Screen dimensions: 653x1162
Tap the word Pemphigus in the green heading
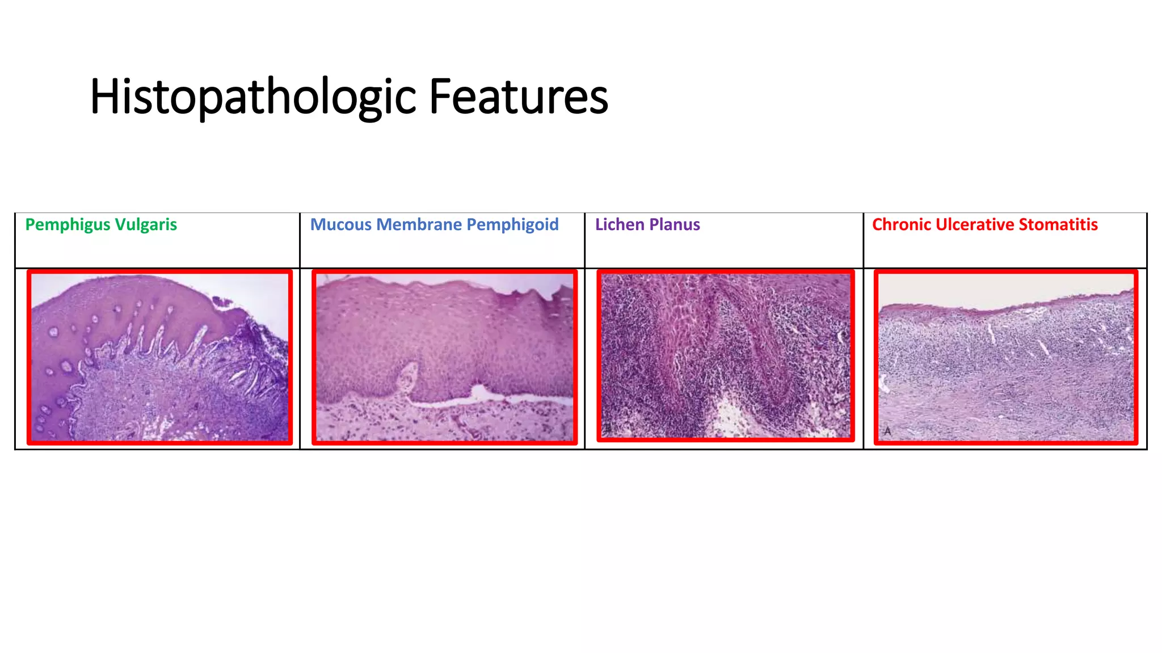(x=68, y=225)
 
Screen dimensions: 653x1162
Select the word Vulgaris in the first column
(x=146, y=225)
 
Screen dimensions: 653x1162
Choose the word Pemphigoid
(x=512, y=225)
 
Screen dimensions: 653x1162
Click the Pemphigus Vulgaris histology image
(x=159, y=357)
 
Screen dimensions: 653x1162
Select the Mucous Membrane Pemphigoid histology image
(x=444, y=357)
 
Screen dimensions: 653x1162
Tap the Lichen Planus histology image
(x=725, y=356)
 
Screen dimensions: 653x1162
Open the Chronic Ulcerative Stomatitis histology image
(x=1005, y=357)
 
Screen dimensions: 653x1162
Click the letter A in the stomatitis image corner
(x=887, y=431)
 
